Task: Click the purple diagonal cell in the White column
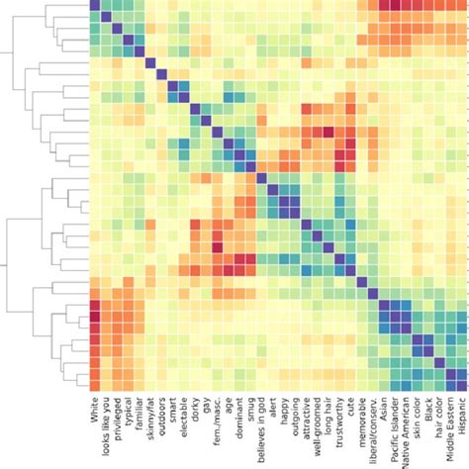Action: (x=95, y=6)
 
